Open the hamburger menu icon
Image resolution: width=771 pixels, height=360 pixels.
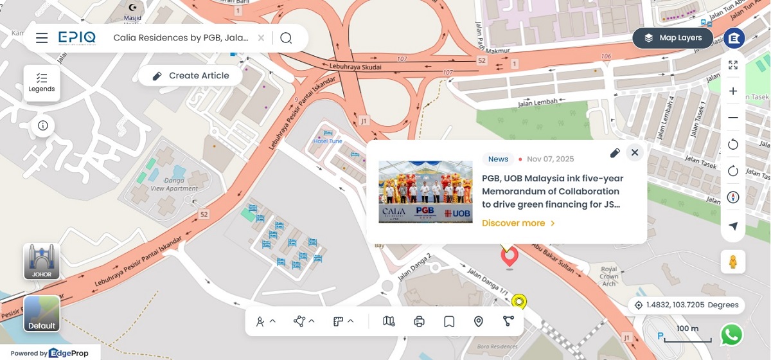[42, 38]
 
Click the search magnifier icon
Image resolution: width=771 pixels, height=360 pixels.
[286, 38]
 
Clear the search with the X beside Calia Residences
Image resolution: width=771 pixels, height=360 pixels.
[261, 38]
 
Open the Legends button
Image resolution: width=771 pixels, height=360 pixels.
[42, 82]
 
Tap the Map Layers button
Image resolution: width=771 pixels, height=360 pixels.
[673, 38]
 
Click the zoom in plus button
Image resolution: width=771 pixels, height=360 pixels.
[733, 91]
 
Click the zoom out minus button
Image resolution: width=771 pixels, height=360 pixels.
[733, 118]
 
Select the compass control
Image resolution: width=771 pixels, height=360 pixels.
[733, 197]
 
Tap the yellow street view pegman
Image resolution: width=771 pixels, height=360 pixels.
[732, 262]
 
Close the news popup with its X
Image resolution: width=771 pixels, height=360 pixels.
[635, 152]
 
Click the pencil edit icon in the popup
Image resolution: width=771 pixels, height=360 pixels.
[615, 152]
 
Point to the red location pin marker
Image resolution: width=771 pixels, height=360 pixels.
[510, 256]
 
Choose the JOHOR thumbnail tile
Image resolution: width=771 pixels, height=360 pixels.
[42, 261]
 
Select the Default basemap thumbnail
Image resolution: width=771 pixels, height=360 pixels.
[42, 313]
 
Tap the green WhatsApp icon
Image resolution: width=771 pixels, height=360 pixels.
[732, 334]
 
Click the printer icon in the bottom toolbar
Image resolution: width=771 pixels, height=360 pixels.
[420, 321]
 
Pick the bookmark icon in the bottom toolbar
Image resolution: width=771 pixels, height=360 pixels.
[449, 321]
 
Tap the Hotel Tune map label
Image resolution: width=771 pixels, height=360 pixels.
[328, 141]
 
